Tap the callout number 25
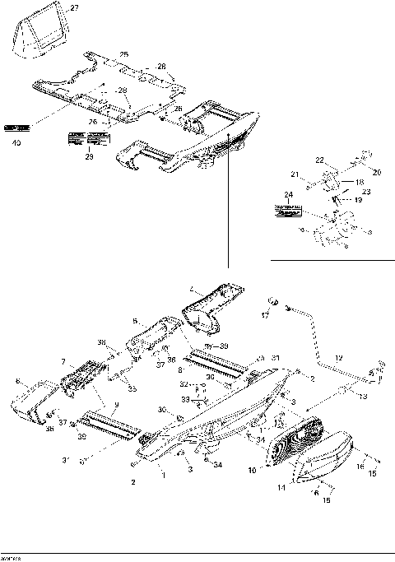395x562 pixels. click(x=123, y=54)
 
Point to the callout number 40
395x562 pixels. click(x=16, y=142)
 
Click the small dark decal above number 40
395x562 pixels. click(x=16, y=128)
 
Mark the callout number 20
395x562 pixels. click(x=378, y=173)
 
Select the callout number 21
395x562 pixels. click(x=294, y=174)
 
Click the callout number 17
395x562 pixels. click(x=264, y=315)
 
